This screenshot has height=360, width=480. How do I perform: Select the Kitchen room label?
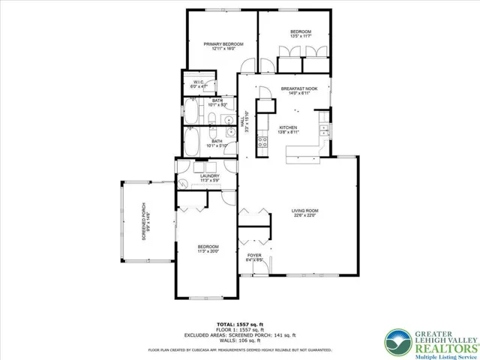tap(289, 130)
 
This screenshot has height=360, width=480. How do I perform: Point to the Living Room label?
tap(305, 214)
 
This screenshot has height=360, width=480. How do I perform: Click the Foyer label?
tap(255, 258)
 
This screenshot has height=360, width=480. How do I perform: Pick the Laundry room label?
tap(209, 178)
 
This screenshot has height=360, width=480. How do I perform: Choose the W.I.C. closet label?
tap(199, 84)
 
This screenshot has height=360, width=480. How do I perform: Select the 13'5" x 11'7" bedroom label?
tap(300, 34)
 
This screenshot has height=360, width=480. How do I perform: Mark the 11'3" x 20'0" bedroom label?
tap(208, 249)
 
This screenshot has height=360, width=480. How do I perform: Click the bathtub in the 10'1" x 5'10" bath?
tap(192, 142)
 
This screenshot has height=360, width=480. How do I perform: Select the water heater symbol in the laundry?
tap(182, 182)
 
